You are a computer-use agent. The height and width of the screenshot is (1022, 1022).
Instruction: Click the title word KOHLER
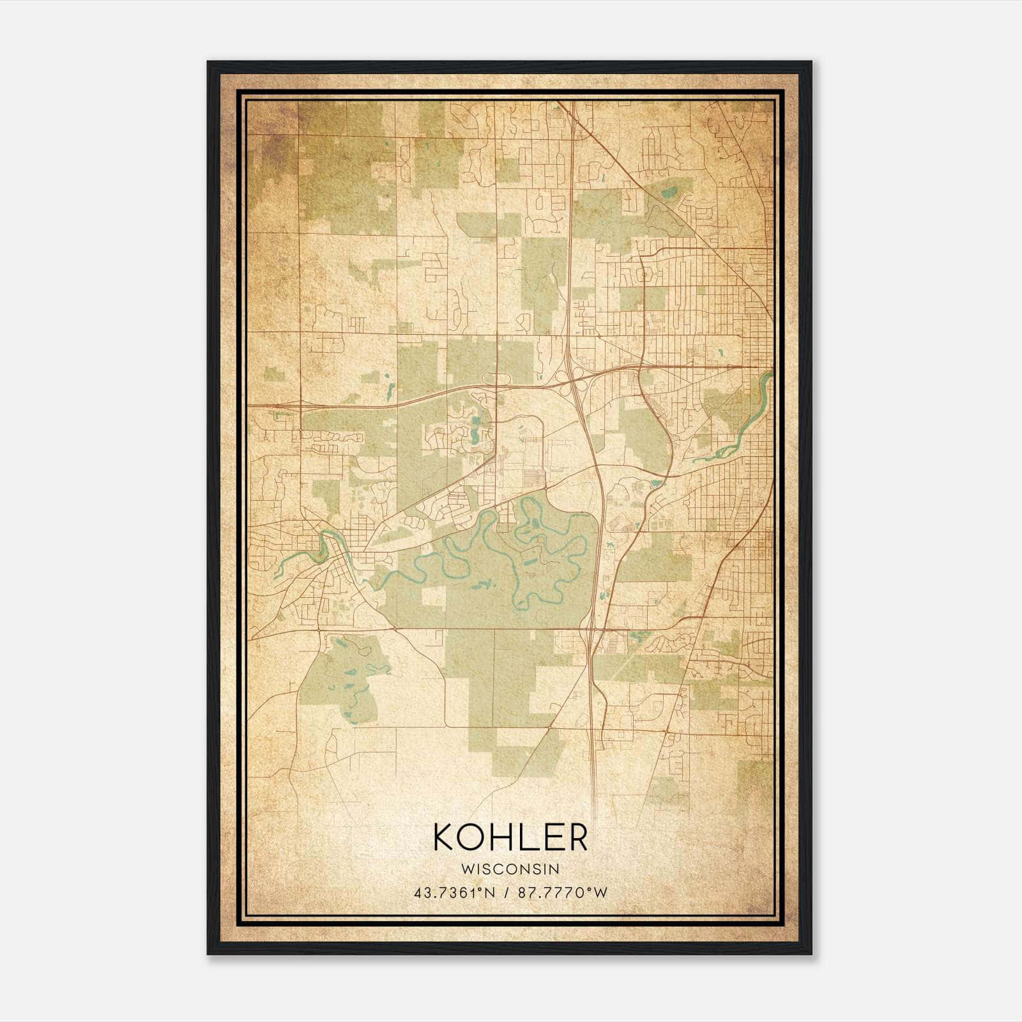coord(510,837)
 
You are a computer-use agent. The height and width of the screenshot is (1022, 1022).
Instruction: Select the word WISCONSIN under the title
coord(510,869)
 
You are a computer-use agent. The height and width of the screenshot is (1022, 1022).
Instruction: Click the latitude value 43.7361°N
coord(454,893)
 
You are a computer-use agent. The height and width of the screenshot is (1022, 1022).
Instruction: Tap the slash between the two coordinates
coord(507,893)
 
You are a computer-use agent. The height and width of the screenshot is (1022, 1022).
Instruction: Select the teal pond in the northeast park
coord(669,190)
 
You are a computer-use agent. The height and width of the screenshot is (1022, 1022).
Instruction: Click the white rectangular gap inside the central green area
coord(432,596)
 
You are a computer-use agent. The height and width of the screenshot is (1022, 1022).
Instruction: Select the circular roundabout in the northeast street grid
coord(644,275)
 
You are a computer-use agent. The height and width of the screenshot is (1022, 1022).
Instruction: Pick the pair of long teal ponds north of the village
coord(476,431)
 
